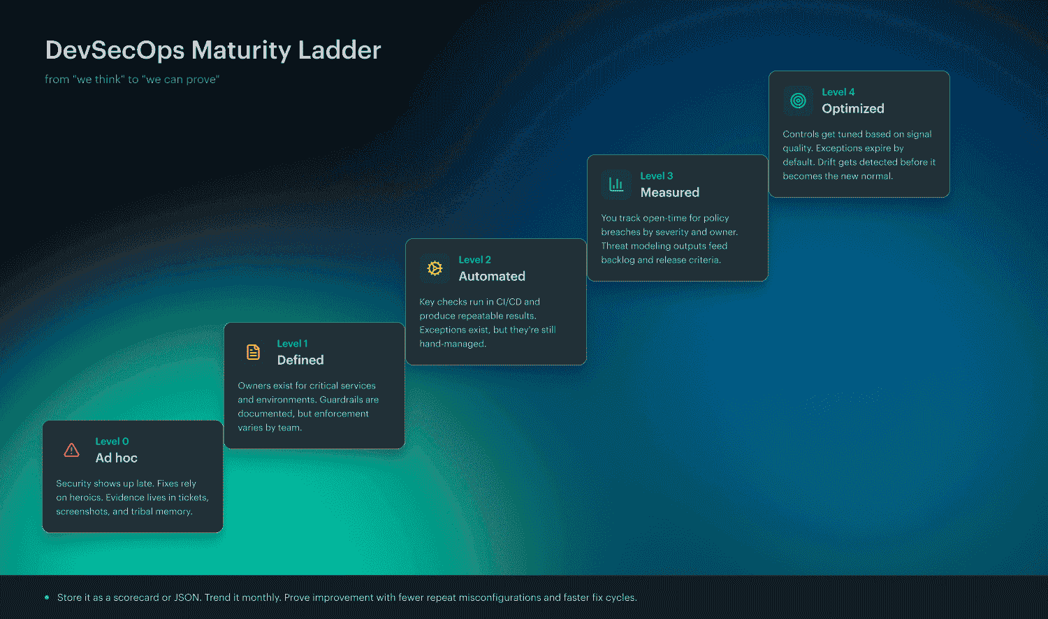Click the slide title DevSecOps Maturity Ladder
pos(213,50)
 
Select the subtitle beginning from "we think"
pos(132,80)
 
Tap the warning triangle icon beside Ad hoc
pos(71,450)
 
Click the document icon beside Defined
pos(253,352)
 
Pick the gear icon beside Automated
pos(435,268)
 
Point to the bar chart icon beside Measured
pos(616,184)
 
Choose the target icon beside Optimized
pos(798,101)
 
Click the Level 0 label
pos(112,442)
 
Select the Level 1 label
pos(292,344)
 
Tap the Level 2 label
pos(474,260)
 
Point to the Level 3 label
pos(656,176)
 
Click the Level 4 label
pos(838,92)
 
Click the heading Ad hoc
pos(116,458)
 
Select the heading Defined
pos(300,361)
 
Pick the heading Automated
pos(492,277)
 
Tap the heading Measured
pos(669,193)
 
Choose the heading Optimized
pos(853,109)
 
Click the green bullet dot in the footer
pos(47,597)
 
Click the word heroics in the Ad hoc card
pos(85,497)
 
